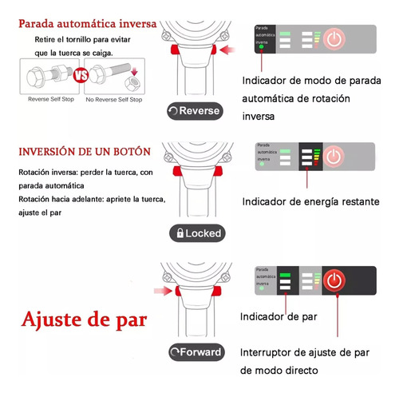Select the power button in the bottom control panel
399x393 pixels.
click(x=336, y=280)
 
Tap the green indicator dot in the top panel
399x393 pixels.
click(x=261, y=46)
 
